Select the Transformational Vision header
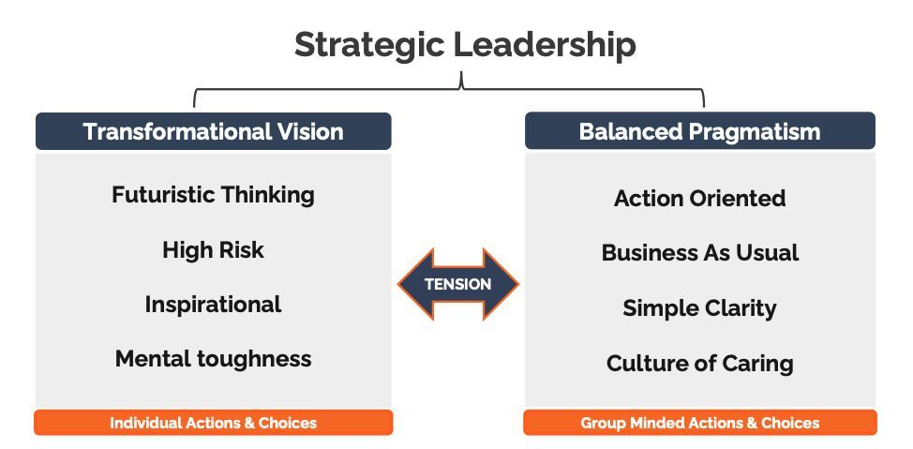click(x=213, y=131)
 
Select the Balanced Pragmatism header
click(x=699, y=131)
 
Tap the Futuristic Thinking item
click(x=213, y=195)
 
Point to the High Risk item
click(x=213, y=250)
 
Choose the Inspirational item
click(x=213, y=305)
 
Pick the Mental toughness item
click(x=213, y=359)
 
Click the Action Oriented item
click(x=699, y=199)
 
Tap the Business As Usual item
click(x=699, y=253)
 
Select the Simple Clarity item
click(x=699, y=308)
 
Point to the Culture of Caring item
click(x=699, y=364)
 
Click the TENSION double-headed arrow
click(x=457, y=284)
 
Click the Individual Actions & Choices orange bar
click(x=213, y=423)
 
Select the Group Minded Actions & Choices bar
click(x=699, y=423)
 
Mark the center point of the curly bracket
click(x=460, y=82)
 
